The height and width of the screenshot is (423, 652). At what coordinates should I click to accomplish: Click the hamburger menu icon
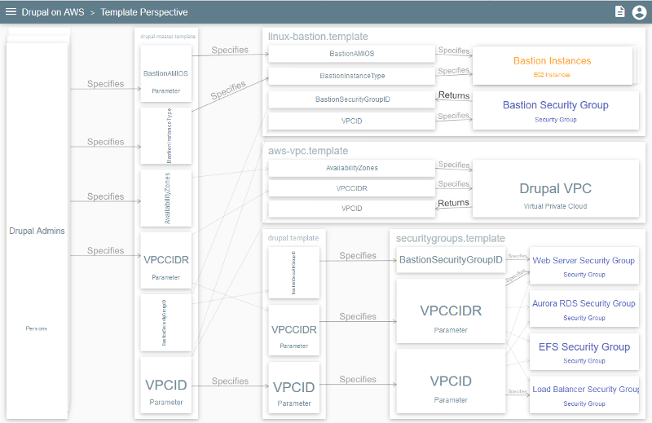(x=11, y=12)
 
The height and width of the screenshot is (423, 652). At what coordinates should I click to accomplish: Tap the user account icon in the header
(x=639, y=12)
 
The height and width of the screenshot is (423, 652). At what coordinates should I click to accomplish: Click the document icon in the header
(x=619, y=12)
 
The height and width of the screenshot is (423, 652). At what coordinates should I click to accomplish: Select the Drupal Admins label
(x=37, y=231)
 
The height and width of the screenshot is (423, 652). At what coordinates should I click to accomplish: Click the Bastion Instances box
(x=552, y=66)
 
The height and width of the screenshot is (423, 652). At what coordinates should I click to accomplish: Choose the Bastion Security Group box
(x=555, y=110)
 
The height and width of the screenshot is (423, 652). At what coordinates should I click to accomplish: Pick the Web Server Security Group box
(x=584, y=266)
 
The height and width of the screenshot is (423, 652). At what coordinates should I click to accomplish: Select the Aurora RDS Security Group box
(x=584, y=308)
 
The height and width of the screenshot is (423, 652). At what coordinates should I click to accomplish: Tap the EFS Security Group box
(x=584, y=351)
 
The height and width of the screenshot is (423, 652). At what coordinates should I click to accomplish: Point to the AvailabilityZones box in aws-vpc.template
(x=351, y=168)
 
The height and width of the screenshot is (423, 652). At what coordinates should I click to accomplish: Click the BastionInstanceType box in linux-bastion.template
(x=351, y=76)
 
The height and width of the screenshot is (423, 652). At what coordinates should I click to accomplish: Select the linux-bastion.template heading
(x=318, y=37)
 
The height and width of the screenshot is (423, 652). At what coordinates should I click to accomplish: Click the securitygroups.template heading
(x=450, y=238)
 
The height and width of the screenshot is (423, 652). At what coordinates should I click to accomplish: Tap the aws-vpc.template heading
(x=308, y=151)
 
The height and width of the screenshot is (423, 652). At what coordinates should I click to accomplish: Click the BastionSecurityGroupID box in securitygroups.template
(x=450, y=260)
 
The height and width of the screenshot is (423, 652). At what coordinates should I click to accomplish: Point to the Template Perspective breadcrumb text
(x=144, y=12)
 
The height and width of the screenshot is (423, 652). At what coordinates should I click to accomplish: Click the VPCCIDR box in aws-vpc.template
(x=351, y=188)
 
